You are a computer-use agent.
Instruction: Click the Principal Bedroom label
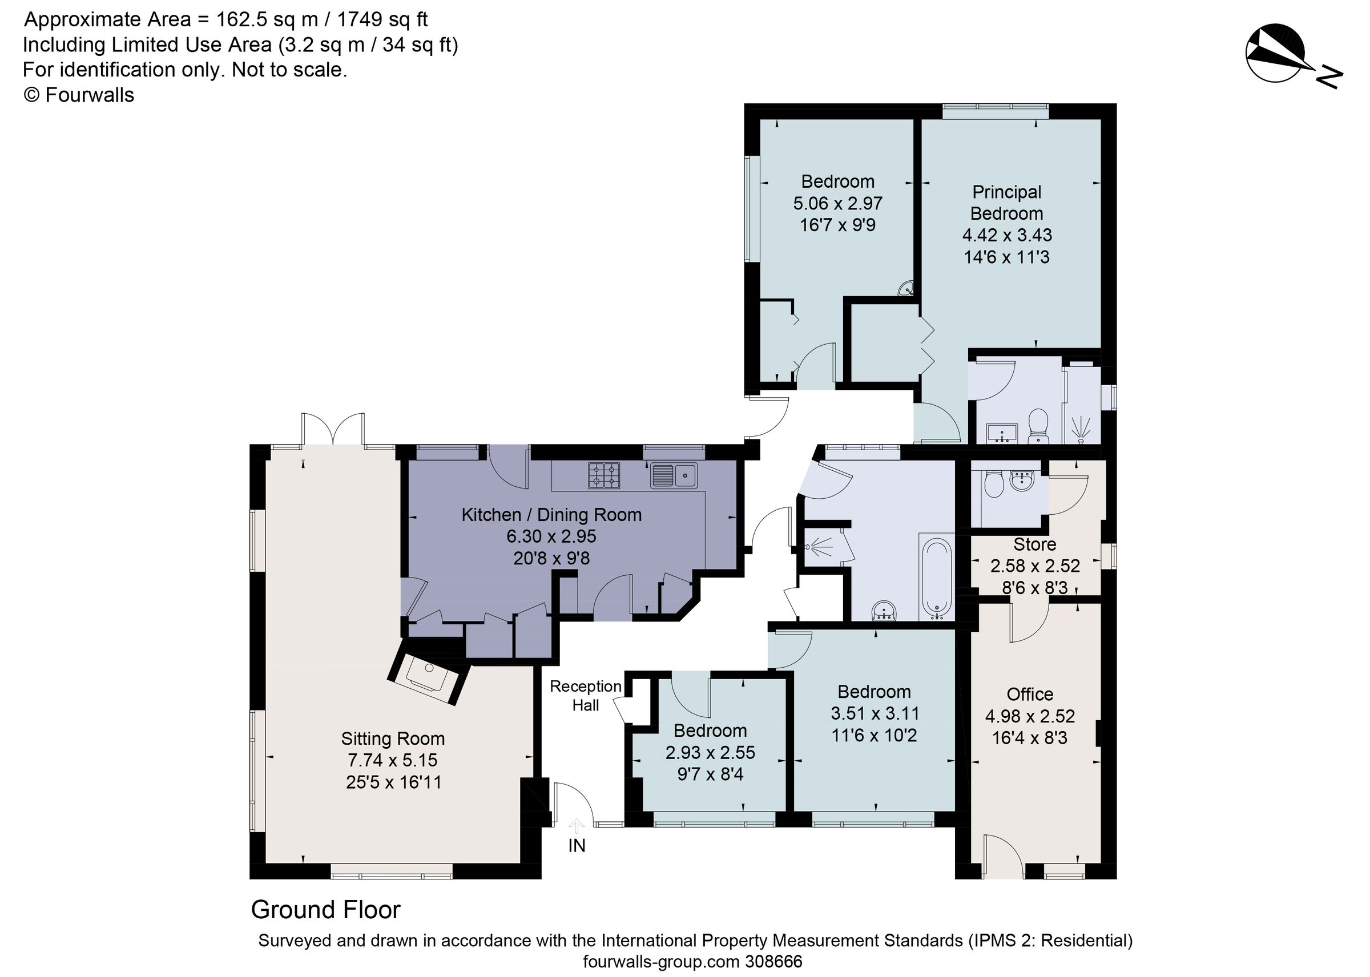tap(1006, 203)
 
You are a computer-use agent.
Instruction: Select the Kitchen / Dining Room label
tap(551, 514)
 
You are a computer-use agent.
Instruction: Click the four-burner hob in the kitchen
tap(603, 475)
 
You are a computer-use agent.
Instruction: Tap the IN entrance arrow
tap(577, 827)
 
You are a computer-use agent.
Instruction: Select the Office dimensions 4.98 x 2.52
tap(1029, 716)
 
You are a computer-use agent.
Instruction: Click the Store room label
tap(1034, 544)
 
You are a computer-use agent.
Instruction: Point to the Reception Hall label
tap(585, 696)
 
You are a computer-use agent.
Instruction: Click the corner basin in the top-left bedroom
tap(906, 289)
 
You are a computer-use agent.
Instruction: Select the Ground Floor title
tap(325, 910)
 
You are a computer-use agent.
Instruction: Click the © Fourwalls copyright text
tap(79, 95)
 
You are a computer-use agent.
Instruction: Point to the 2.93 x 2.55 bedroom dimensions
tap(710, 753)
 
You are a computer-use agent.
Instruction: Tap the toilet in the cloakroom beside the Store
tap(993, 485)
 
